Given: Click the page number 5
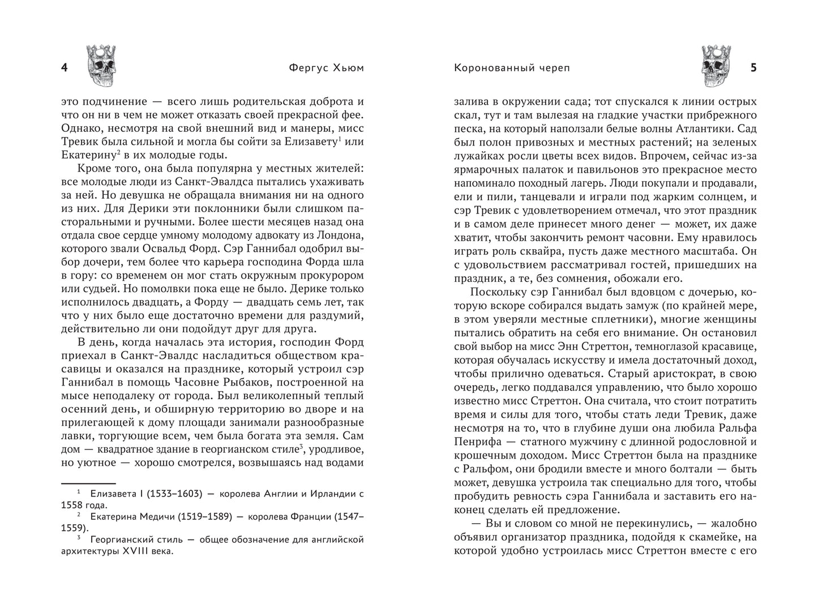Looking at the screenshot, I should click(x=753, y=68).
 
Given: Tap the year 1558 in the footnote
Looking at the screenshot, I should click(x=74, y=506).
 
